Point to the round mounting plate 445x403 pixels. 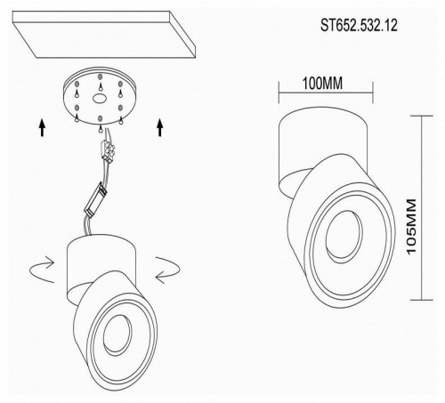tap(101, 101)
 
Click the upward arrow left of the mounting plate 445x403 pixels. tap(43, 128)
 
